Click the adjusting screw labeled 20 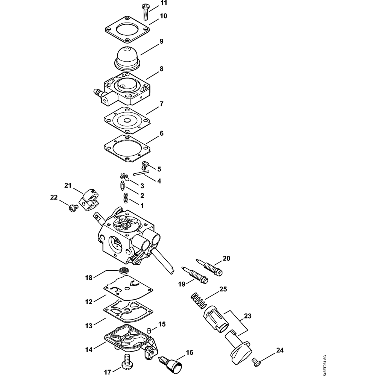click(211, 266)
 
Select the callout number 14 click(89, 350)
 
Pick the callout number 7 click(161, 103)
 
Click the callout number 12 click(89, 302)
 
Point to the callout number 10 click(163, 16)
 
